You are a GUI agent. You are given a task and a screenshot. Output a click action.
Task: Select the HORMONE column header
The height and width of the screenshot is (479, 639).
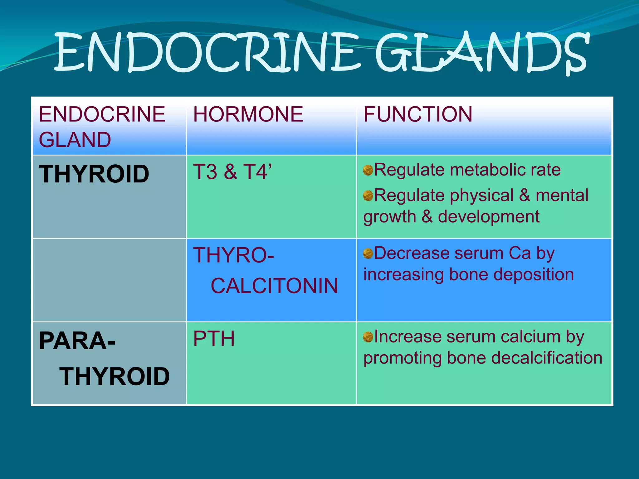[x=248, y=114]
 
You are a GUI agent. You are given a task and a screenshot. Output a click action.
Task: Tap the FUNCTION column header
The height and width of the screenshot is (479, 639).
[x=418, y=114]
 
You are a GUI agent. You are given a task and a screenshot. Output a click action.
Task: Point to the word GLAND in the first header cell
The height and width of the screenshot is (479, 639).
[x=75, y=140]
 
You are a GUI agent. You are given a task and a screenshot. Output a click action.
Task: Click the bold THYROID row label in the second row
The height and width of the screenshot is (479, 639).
[x=94, y=174]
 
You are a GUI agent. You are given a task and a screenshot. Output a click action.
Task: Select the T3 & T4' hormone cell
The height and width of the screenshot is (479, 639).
[x=232, y=172]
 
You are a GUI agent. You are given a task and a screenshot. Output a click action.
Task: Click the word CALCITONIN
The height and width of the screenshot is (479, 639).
[x=274, y=286]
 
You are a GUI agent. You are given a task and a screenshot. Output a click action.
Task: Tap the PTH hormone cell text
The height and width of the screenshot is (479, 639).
[x=214, y=339]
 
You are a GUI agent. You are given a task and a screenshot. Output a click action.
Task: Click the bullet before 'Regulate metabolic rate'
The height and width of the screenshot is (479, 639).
[x=368, y=170]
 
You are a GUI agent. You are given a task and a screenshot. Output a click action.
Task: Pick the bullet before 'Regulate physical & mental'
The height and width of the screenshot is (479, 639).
[x=368, y=196]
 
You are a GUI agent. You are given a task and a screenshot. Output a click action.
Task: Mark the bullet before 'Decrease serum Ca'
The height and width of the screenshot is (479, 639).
[x=368, y=254]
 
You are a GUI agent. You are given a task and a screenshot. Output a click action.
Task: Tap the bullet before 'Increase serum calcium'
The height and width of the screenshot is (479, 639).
[x=368, y=337]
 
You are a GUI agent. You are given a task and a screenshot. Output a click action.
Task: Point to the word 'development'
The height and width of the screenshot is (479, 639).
[x=489, y=217]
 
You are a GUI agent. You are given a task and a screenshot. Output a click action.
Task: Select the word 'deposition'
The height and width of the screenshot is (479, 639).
[x=534, y=275]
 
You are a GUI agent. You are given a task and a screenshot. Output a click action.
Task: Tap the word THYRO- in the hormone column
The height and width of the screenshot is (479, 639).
[x=233, y=255]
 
